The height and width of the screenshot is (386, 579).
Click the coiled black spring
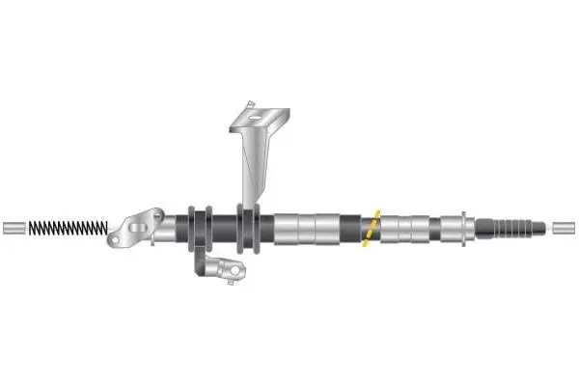tap(68, 229)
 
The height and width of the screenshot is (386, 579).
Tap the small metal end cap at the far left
tap(14, 229)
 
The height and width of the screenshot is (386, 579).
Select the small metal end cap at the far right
tap(564, 229)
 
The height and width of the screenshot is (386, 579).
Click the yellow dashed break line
tap(371, 229)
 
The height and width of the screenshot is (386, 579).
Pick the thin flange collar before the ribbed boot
tap(467, 229)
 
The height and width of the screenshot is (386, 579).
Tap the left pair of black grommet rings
tap(198, 229)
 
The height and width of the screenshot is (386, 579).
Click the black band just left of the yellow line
tap(351, 229)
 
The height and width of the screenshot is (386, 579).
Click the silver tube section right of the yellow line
tap(405, 229)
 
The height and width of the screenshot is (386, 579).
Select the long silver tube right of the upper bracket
tap(304, 229)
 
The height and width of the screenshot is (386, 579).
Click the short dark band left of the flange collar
tap(449, 229)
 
